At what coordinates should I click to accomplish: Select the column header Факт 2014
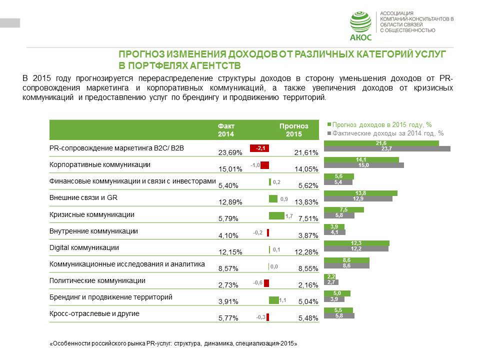coord(226,130)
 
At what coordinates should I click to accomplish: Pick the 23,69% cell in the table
coord(230,152)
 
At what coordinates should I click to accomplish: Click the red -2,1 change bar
coord(259,148)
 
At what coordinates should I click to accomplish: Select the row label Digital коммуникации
coord(84,247)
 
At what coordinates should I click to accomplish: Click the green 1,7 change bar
coord(276,215)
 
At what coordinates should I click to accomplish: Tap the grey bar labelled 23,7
coord(387,148)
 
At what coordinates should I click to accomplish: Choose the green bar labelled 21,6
coord(381,143)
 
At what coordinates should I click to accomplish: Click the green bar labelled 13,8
coord(360,193)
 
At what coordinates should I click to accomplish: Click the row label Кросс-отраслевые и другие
coord(94,313)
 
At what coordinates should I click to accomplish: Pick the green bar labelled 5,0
coord(337,293)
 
